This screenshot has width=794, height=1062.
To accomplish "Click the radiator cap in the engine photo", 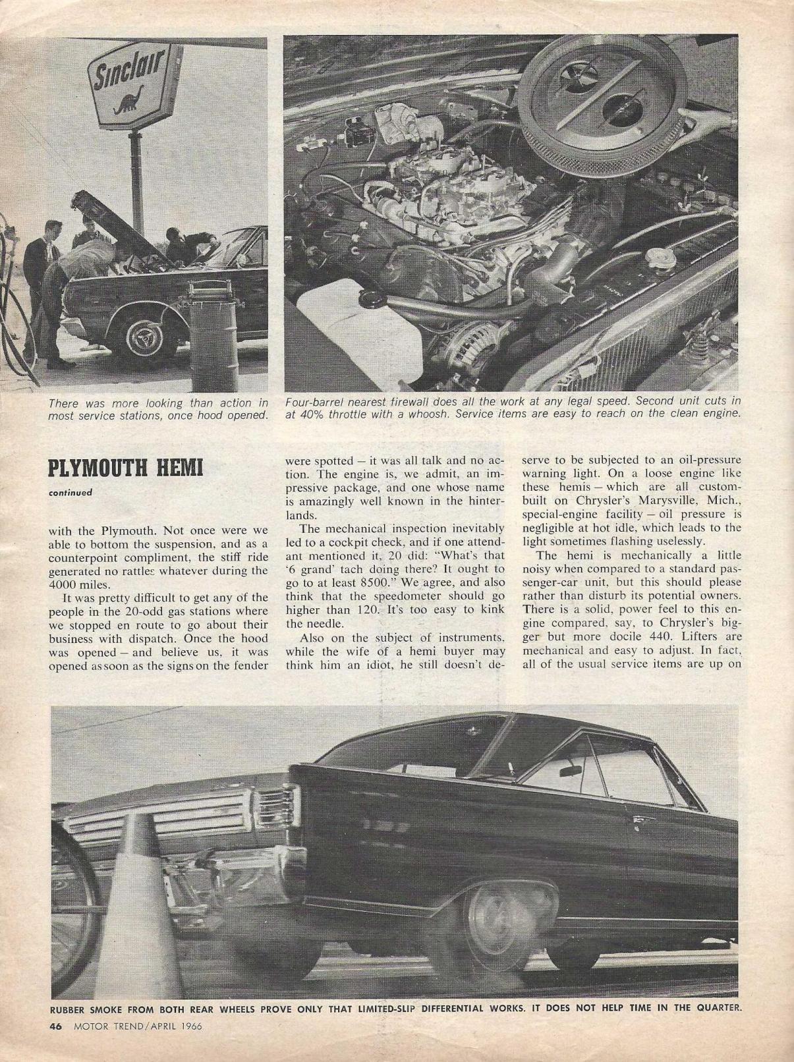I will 656,256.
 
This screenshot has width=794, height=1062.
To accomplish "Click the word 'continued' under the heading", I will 70,491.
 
